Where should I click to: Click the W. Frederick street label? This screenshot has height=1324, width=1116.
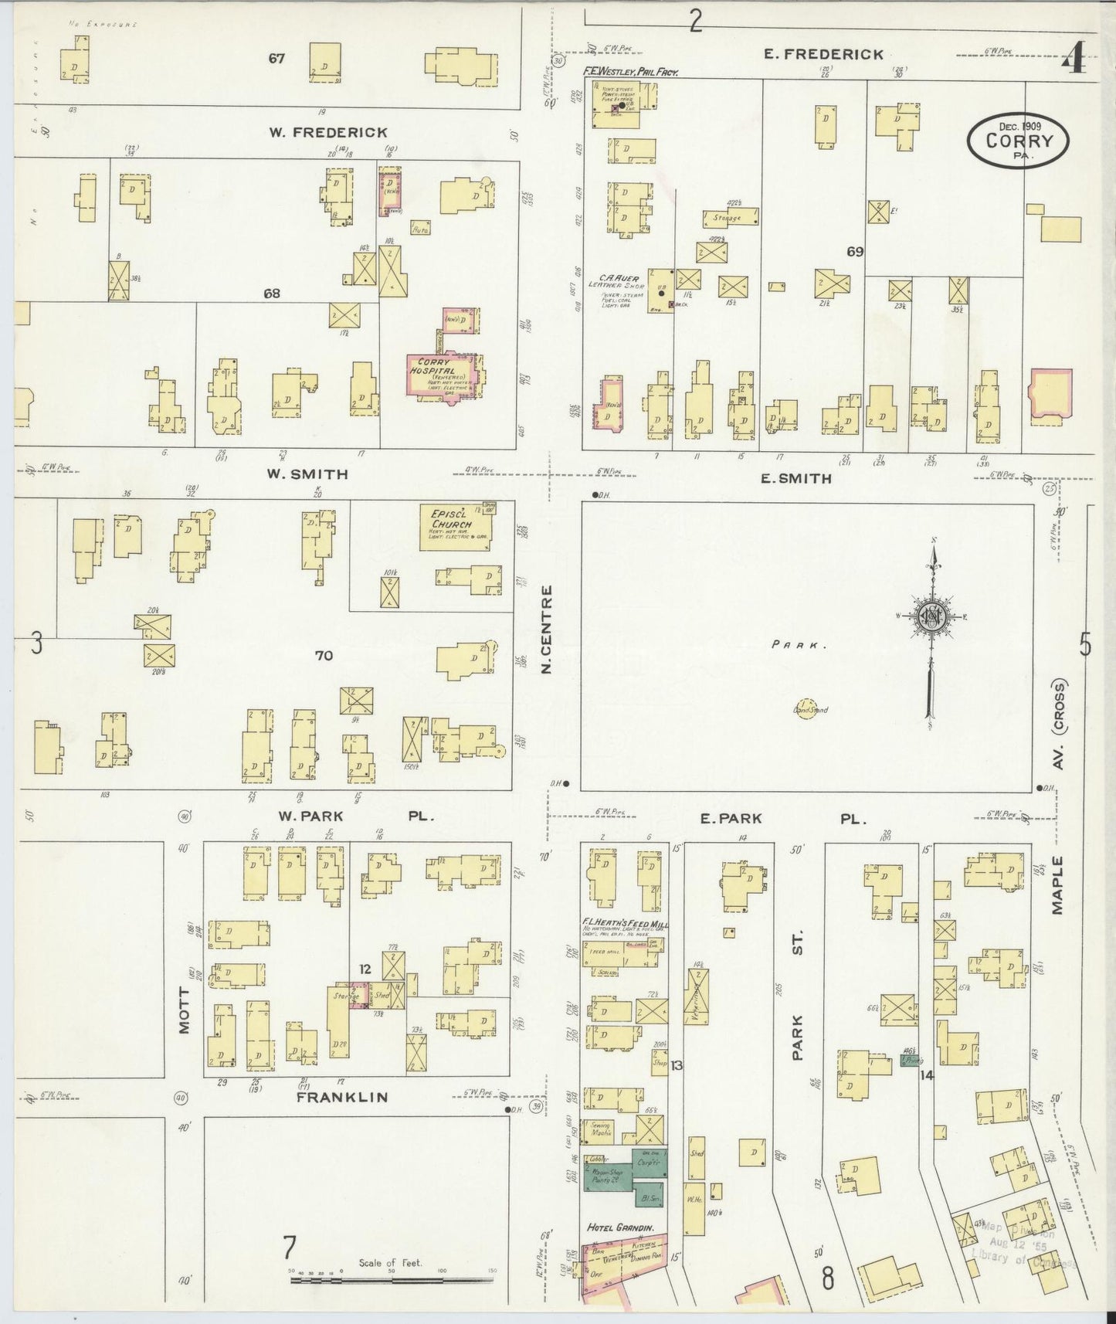coord(328,132)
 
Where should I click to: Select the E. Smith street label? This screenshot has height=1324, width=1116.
coord(795,478)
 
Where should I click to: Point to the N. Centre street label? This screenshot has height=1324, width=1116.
coord(548,629)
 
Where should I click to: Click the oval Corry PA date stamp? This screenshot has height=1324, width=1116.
coord(1019,140)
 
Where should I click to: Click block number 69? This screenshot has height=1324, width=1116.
coord(854,251)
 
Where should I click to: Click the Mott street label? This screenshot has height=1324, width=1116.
coord(185,1010)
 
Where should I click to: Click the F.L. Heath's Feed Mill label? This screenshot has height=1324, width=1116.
coord(625,925)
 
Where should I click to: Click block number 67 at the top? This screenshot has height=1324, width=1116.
coord(276,58)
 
